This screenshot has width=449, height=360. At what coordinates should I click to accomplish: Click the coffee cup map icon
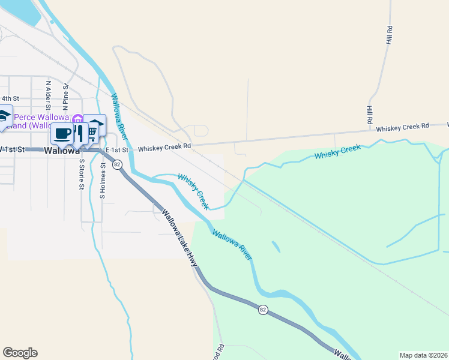[x=61, y=133]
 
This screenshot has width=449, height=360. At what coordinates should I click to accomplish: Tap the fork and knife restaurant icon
[x=80, y=133]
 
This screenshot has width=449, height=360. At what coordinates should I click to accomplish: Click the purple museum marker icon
[x=77, y=118]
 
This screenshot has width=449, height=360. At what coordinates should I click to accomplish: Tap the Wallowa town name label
[x=62, y=151]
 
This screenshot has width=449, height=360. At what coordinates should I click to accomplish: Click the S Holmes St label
[x=103, y=184]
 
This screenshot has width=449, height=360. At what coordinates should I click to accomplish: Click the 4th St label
[x=10, y=98]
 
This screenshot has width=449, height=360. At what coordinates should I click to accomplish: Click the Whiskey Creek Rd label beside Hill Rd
[x=403, y=127]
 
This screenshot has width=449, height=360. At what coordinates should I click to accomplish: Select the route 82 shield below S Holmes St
[x=117, y=164]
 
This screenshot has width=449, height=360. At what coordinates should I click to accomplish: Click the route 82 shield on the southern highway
[x=263, y=310]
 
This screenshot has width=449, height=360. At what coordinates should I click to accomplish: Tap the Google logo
[x=20, y=353]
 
